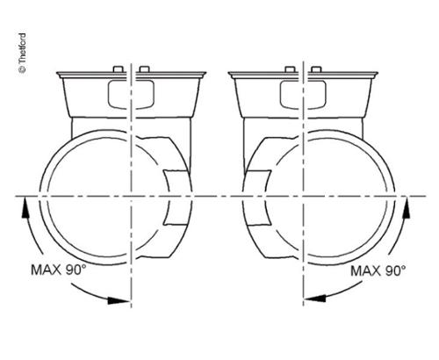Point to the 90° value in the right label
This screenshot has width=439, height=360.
[x=397, y=270]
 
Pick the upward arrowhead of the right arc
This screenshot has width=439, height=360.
[x=407, y=203]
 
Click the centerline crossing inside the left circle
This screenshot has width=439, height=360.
[x=131, y=194]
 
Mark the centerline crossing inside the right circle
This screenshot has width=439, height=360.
[x=304, y=194]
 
